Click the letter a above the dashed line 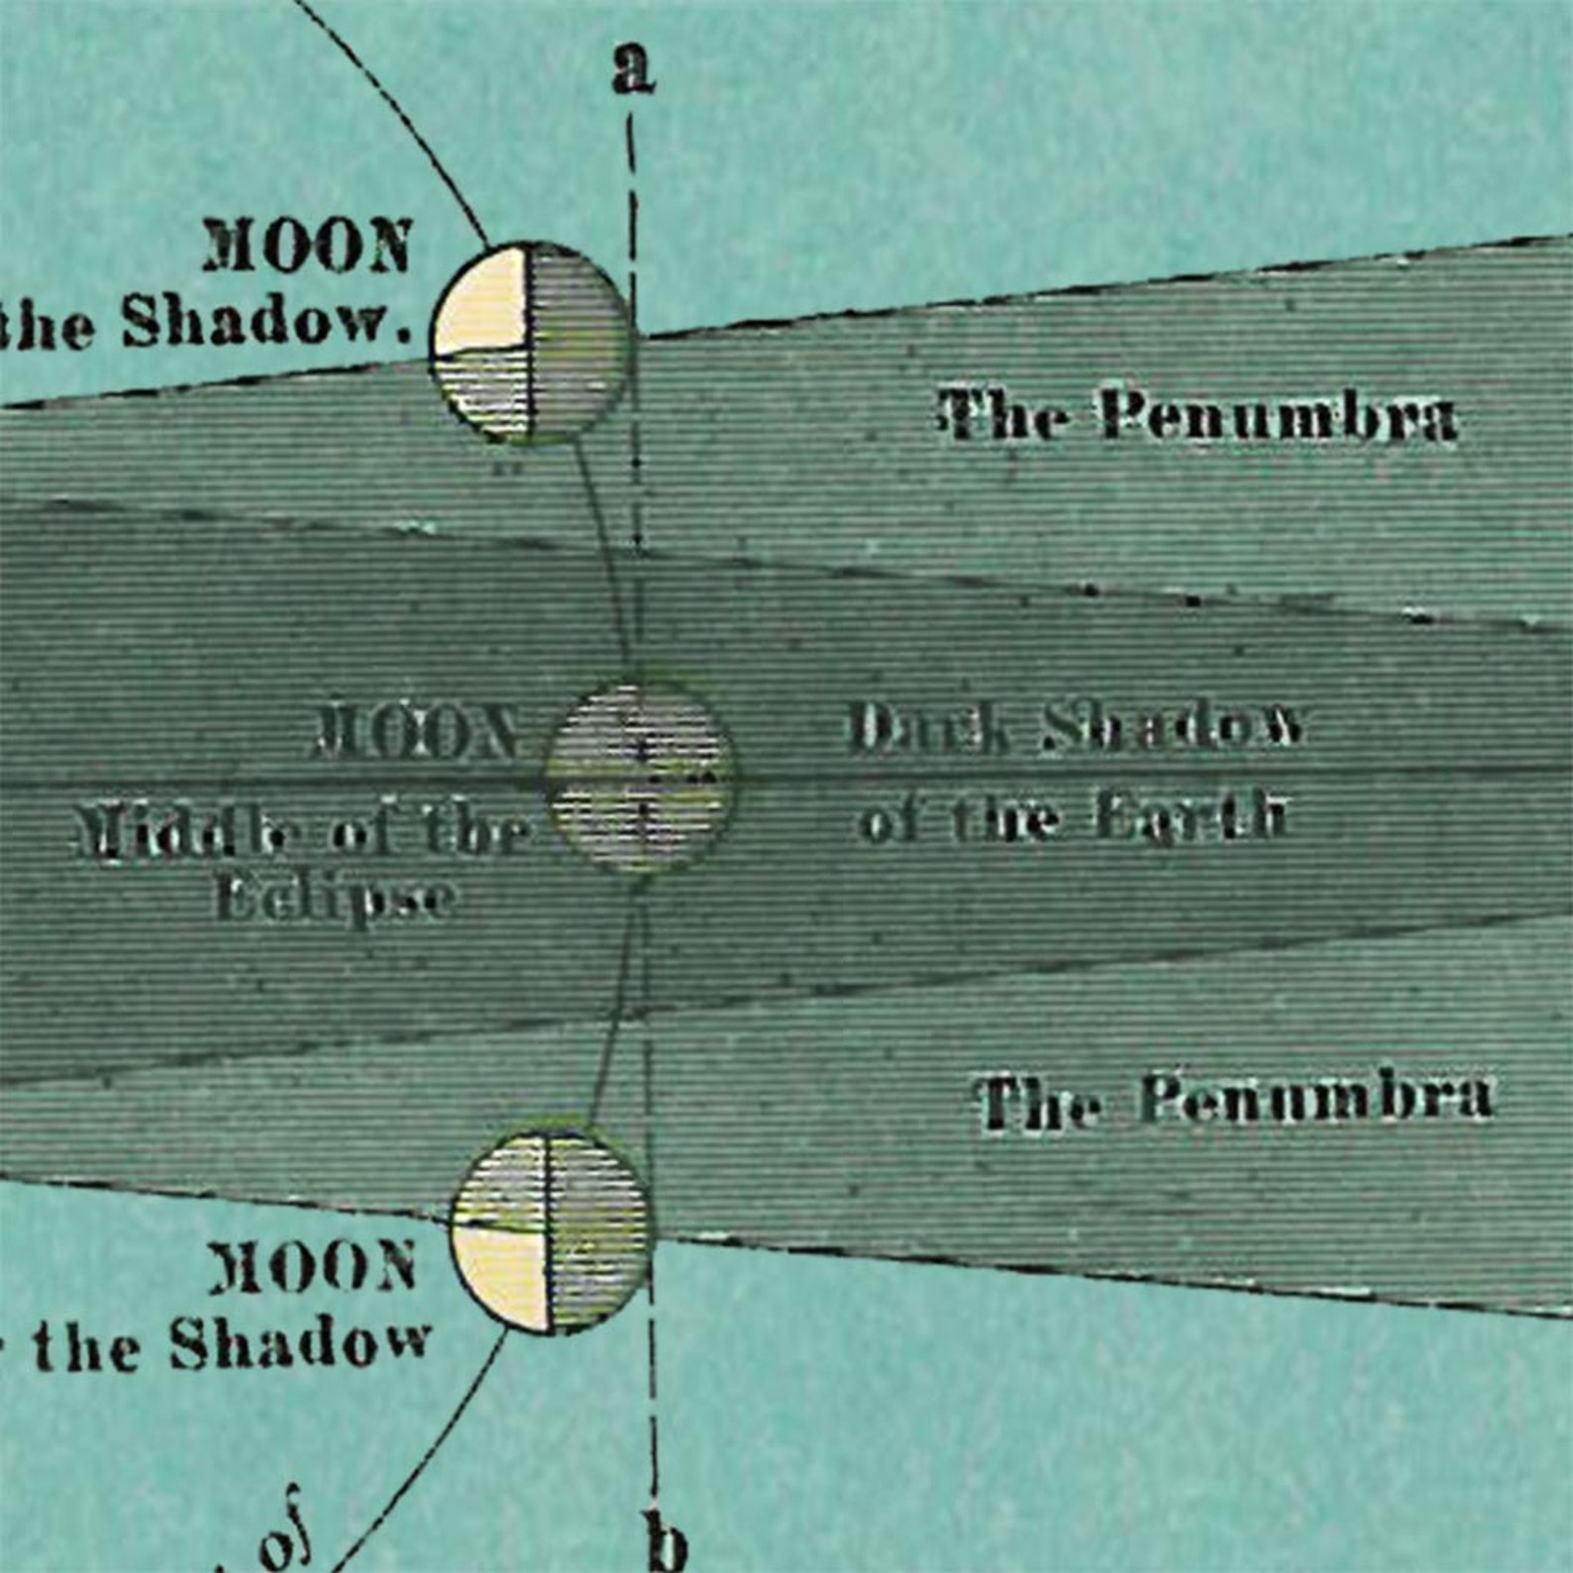[633, 71]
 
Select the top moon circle [531, 342]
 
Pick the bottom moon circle [551, 1231]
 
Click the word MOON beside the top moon [307, 247]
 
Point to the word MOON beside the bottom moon [313, 1267]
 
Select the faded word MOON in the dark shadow [416, 734]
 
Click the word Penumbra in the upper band [1279, 417]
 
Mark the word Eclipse [335, 899]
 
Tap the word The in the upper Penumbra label [1003, 416]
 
